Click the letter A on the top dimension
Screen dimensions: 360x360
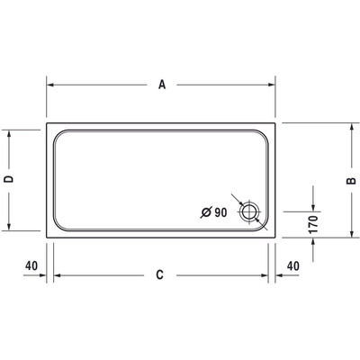[x=162, y=85]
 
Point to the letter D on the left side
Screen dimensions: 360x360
[x=8, y=180]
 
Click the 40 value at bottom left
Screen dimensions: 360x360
[x=31, y=265]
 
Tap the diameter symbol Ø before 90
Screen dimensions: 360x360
[x=206, y=212]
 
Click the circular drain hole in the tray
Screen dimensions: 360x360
[x=249, y=212]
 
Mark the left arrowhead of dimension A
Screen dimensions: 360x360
[x=50, y=85]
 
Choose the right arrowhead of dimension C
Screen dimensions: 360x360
[x=268, y=274]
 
